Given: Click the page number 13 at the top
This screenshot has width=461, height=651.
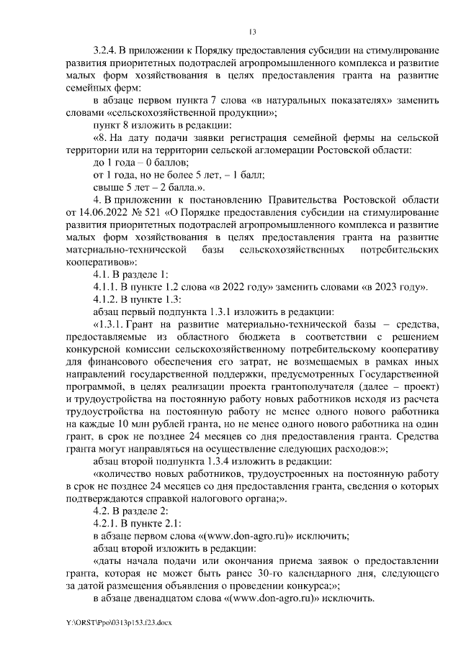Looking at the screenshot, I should coord(252,31).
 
